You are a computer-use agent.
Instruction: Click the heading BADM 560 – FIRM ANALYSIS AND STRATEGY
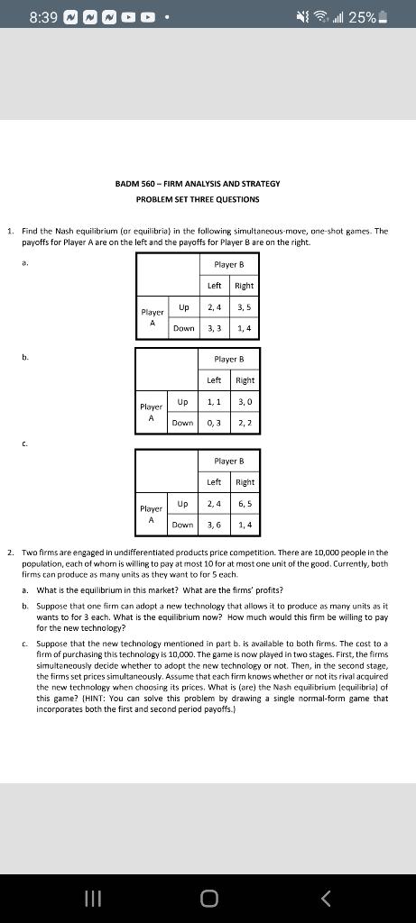point(198,184)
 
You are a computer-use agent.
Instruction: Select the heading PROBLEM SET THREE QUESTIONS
point(198,198)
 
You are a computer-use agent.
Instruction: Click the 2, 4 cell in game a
point(215,308)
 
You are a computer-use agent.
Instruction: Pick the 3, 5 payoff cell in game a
point(244,308)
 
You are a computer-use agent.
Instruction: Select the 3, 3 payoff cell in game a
point(215,328)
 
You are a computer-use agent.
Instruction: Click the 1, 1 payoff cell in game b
point(215,401)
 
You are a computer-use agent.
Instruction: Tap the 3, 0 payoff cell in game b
point(244,401)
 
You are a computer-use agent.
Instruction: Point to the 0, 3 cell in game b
point(215,422)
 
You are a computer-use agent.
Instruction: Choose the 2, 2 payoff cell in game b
point(244,422)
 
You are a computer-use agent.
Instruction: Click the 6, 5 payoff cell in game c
point(244,504)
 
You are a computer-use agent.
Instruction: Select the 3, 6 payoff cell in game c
point(215,524)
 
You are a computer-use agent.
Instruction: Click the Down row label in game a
point(183,328)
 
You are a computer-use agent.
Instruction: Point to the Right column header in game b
point(244,380)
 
